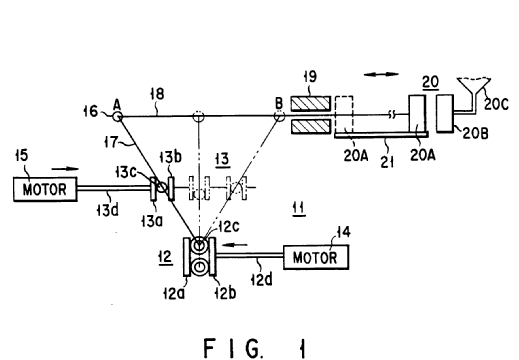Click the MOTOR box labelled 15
(45, 189)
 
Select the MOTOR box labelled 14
(316, 257)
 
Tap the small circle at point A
(117, 117)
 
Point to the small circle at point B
(279, 116)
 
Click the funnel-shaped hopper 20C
(473, 88)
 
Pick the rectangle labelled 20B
(445, 114)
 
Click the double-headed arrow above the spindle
(381, 74)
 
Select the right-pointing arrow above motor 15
(65, 169)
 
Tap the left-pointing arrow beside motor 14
(235, 245)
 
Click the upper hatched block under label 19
(311, 104)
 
